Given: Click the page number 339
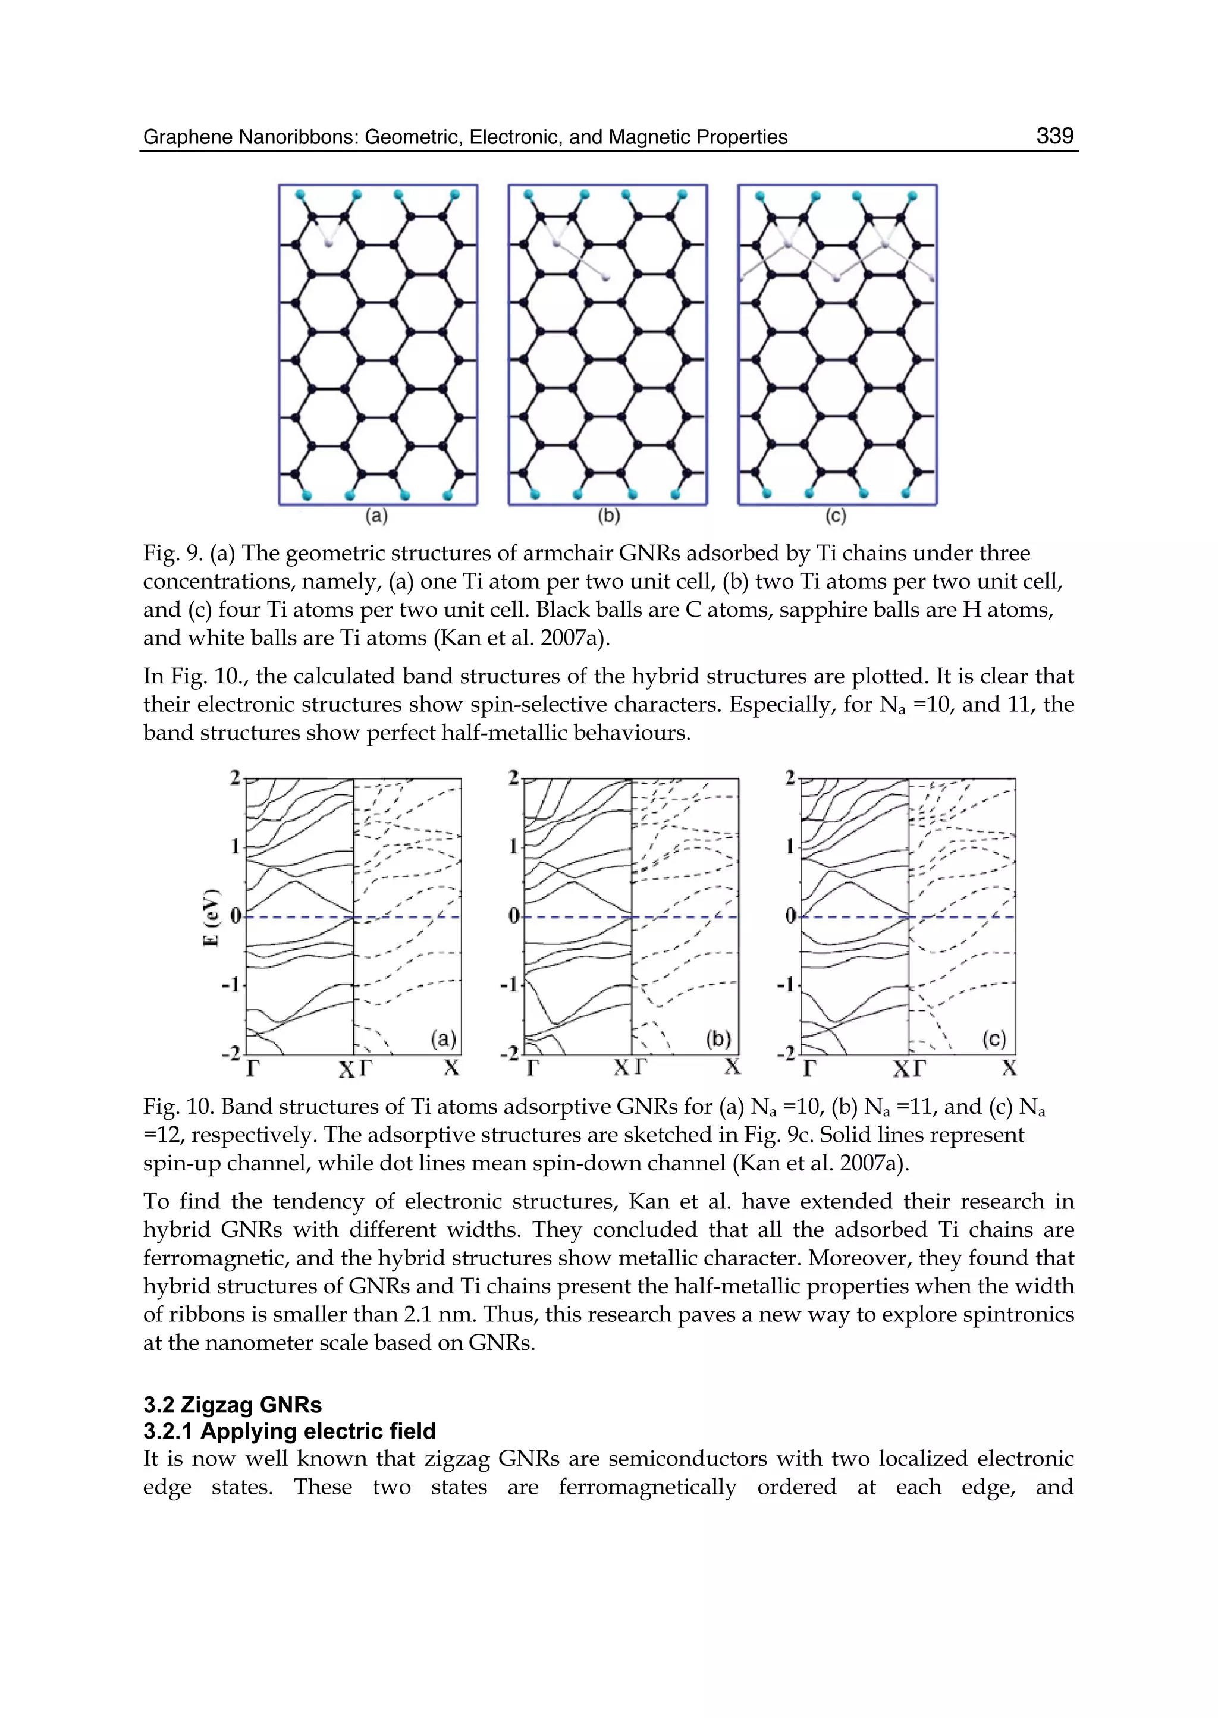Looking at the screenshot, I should [1054, 136].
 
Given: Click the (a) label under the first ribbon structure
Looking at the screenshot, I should [376, 516].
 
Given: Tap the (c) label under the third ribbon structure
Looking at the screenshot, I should [835, 516].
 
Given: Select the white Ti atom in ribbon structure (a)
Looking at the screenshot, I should [328, 243].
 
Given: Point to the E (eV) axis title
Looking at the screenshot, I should [212, 916].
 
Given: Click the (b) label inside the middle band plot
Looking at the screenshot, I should [718, 1039].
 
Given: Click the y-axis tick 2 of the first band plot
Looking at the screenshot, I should [236, 778].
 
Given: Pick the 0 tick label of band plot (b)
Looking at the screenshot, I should [514, 916].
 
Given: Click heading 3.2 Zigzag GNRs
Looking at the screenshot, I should [233, 1405].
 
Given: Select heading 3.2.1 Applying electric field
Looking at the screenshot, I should [289, 1431].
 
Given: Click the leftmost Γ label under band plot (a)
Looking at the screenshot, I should [253, 1068].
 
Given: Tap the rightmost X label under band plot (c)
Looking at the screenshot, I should [1009, 1068].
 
